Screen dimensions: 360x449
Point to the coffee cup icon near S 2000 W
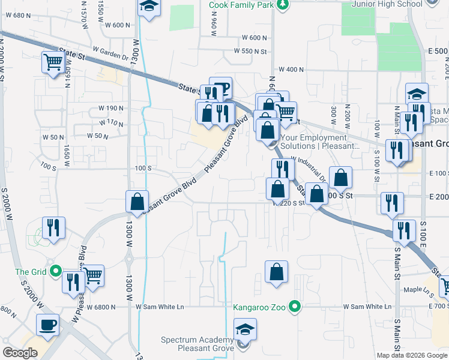pyautogui.click(x=47, y=325)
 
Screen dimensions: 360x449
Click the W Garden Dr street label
pyautogui.click(x=111, y=51)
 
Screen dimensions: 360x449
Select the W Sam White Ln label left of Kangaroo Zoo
pyautogui.click(x=159, y=307)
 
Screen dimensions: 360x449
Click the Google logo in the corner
pyautogui.click(x=20, y=353)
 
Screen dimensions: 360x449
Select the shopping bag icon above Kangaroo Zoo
pyautogui.click(x=276, y=271)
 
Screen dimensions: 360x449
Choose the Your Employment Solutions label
pyautogui.click(x=319, y=141)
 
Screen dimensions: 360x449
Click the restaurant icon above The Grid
pyautogui.click(x=53, y=227)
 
